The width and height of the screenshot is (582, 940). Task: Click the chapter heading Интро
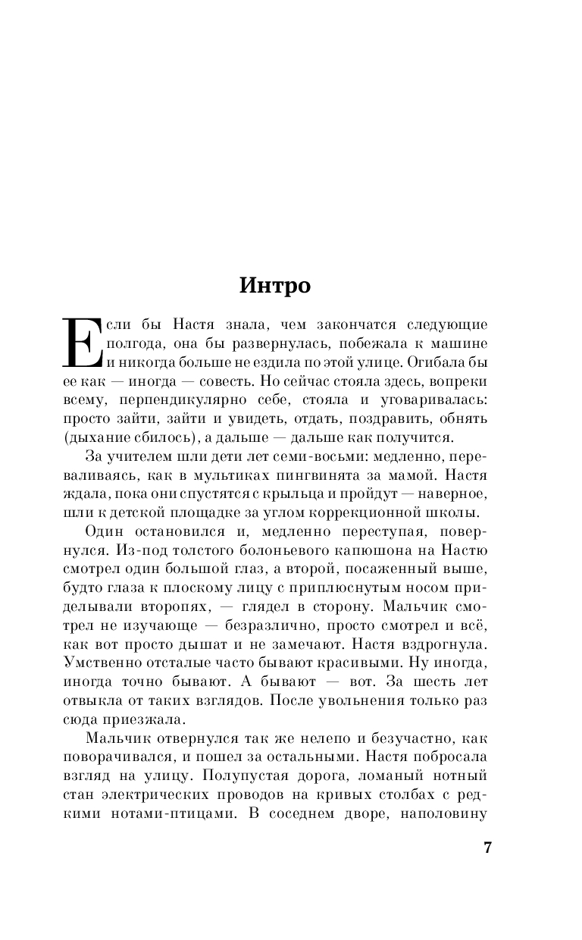[x=275, y=286]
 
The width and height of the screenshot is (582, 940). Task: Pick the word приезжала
[x=148, y=718]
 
